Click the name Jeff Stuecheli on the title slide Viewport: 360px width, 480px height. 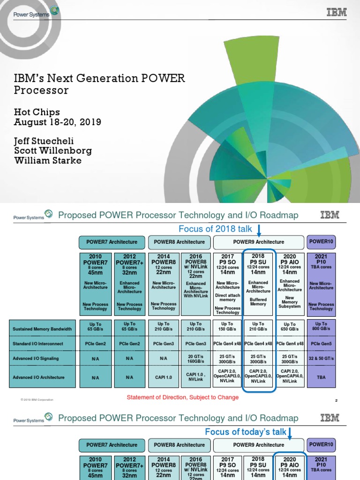click(45, 141)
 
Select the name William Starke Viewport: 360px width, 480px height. click(48, 161)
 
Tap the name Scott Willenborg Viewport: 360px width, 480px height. click(53, 151)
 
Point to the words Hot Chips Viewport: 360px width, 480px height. click(37, 112)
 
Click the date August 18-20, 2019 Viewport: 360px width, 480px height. click(58, 122)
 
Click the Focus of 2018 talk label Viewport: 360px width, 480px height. click(215, 229)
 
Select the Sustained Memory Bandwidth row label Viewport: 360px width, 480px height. click(42, 329)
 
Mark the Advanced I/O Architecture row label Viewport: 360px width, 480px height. click(39, 377)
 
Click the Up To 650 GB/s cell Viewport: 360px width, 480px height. click(290, 327)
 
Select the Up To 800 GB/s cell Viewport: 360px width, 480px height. click(321, 327)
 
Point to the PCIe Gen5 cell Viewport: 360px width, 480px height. click(321, 345)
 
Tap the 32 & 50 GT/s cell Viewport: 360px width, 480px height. click(321, 359)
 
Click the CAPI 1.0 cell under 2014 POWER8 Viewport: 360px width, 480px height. click(164, 377)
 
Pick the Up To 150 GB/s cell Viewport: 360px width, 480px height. click(227, 327)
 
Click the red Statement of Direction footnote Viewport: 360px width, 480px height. click(183, 397)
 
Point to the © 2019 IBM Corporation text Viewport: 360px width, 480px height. click(37, 399)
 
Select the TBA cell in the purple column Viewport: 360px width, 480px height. click(321, 377)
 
